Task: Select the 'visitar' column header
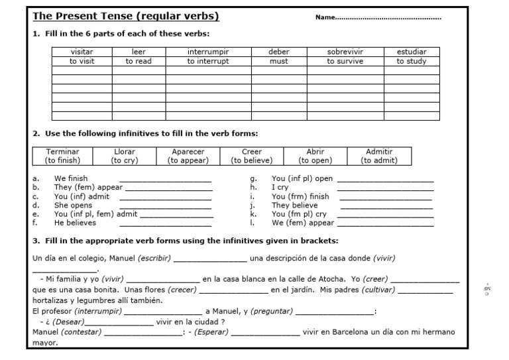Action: (x=82, y=52)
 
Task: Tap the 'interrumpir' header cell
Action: (x=207, y=52)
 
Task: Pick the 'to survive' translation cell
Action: (x=345, y=61)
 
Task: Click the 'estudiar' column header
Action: (x=412, y=52)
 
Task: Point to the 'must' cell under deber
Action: (x=278, y=61)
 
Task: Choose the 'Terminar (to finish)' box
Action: (x=62, y=156)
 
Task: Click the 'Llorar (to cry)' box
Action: (x=125, y=156)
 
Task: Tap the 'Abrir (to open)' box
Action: (x=315, y=156)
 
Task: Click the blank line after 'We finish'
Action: (x=165, y=181)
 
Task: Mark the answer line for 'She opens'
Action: (x=165, y=208)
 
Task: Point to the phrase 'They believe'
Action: (x=295, y=206)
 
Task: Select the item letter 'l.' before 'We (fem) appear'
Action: (x=253, y=223)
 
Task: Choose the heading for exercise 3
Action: (x=186, y=241)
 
